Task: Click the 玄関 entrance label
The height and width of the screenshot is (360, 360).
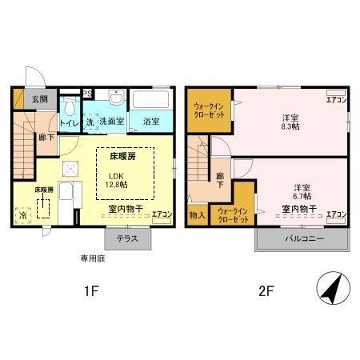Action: point(38,99)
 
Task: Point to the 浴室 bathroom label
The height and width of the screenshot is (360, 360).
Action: point(152,122)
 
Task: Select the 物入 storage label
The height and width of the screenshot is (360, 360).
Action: point(197,214)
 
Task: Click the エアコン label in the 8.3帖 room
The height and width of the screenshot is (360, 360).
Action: point(336,100)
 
